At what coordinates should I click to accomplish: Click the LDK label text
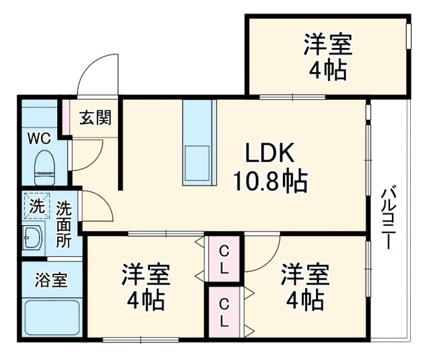pos(269,154)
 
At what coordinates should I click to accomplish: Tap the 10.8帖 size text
pos(269,180)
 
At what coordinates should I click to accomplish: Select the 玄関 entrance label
pos(96,117)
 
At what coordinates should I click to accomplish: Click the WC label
pos(38,138)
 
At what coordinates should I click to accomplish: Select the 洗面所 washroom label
pos(63,224)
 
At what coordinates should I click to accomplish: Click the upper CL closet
pos(224,260)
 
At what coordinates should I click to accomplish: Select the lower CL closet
pos(224,311)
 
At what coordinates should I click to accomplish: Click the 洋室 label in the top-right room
pos(328,47)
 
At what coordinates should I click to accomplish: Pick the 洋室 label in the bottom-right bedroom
pos(304,274)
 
